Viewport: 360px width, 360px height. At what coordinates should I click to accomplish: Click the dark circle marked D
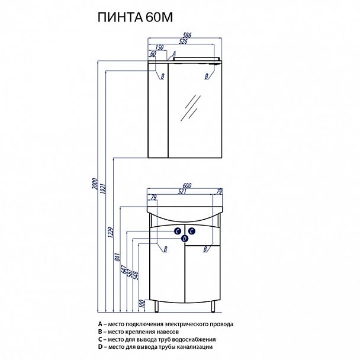185,238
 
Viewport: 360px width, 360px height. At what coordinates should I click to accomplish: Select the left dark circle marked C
177,232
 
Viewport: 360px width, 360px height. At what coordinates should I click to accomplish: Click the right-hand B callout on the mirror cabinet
206,76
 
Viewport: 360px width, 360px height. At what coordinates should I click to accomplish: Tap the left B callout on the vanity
165,250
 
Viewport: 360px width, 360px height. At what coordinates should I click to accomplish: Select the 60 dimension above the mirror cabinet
153,54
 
